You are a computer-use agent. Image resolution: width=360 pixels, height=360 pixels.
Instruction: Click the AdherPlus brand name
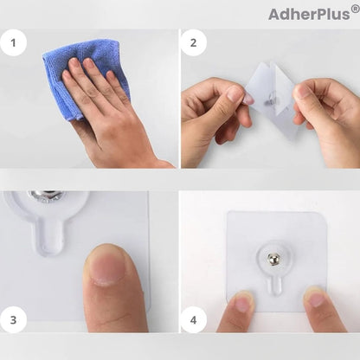click(310, 14)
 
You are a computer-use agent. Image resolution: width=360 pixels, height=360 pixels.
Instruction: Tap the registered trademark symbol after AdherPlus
click(355, 9)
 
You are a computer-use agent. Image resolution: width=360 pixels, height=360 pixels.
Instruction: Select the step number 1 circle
click(13, 43)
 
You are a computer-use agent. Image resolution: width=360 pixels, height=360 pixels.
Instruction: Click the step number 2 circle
click(193, 43)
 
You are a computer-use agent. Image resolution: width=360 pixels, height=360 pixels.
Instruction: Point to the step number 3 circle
click(13, 320)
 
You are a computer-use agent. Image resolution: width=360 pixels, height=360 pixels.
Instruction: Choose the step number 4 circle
click(193, 320)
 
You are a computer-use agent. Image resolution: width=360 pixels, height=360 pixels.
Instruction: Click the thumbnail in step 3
click(107, 266)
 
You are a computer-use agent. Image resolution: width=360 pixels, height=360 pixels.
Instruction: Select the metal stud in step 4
click(273, 259)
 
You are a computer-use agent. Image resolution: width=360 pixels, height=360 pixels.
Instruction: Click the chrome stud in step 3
click(46, 196)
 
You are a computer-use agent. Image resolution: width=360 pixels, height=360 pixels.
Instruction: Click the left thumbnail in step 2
click(235, 93)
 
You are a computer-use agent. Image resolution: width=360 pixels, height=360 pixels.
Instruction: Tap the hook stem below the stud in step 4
click(275, 285)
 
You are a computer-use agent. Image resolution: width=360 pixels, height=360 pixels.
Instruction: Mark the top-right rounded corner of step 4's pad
click(323, 215)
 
